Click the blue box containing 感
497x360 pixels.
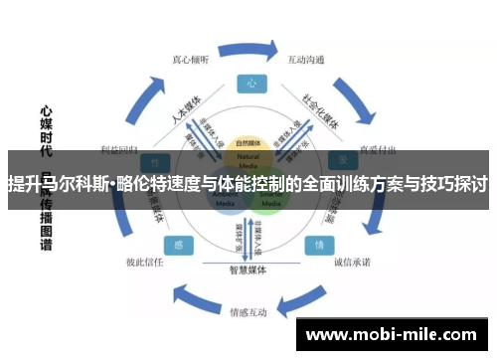(178, 244)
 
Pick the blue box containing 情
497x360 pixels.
(319, 244)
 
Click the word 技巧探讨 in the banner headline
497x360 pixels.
(451, 184)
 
